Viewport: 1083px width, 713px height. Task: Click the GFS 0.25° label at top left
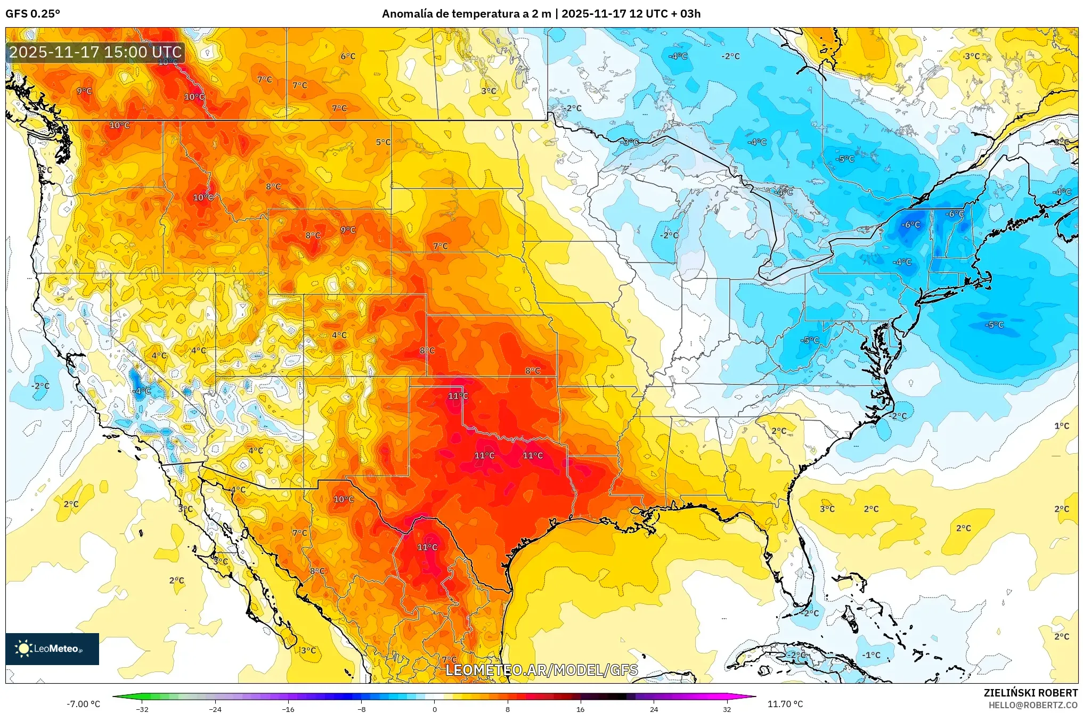[32, 14]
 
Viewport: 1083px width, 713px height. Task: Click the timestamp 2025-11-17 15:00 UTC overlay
[95, 52]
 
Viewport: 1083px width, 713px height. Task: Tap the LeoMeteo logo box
[52, 649]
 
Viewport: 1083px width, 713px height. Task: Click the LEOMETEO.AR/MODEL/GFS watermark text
[541, 670]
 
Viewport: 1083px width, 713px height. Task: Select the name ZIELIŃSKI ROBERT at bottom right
[1030, 693]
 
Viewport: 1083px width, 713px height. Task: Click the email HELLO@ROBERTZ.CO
[1033, 705]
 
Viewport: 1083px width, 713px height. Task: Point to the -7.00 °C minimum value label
[83, 704]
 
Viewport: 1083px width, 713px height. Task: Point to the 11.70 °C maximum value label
[785, 704]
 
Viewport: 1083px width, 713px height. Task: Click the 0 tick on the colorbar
[435, 709]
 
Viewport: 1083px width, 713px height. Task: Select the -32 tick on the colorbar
[142, 709]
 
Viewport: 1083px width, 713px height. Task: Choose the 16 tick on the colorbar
[580, 709]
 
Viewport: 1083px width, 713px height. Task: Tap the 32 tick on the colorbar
[727, 709]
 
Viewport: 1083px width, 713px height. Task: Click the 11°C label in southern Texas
[427, 547]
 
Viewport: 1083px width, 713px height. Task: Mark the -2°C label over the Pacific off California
[40, 386]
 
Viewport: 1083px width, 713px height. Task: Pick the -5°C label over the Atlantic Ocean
[994, 325]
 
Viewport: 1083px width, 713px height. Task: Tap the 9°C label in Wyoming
[348, 230]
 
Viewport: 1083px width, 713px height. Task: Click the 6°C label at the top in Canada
[348, 56]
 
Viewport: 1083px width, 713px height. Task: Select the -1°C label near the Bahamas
[872, 655]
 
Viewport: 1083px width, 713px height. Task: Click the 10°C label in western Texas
[344, 499]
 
